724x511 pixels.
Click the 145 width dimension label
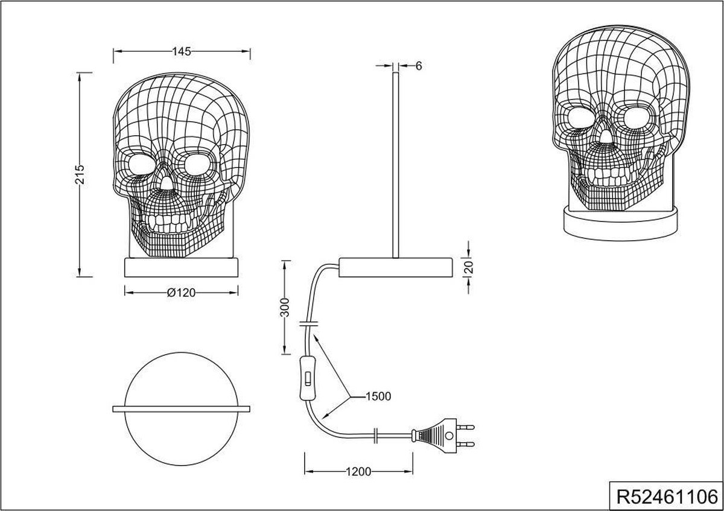point(182,52)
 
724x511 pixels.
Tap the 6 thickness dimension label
point(418,66)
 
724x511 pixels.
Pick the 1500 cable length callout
point(378,396)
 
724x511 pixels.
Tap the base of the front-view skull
point(182,267)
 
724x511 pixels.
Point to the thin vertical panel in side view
point(395,163)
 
